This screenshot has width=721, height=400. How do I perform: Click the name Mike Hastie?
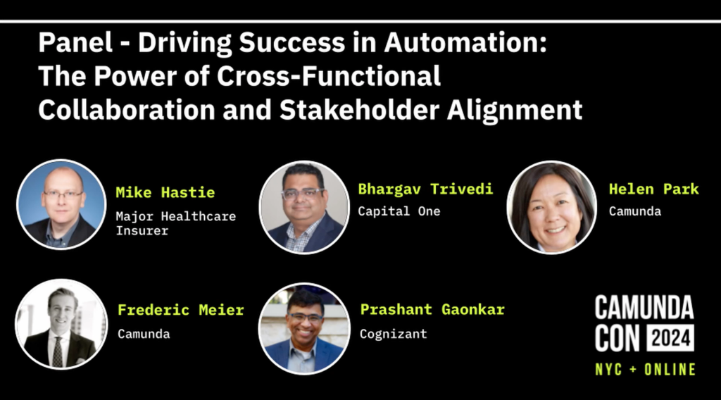[x=165, y=192]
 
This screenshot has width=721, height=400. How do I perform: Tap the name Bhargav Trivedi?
[x=425, y=189]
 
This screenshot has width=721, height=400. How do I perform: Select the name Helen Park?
[x=653, y=189]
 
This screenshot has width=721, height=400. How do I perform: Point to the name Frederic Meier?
[x=181, y=310]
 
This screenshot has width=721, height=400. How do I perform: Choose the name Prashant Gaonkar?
[x=432, y=309]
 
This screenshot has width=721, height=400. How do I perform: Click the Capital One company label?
[x=399, y=211]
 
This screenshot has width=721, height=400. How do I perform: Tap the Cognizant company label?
[x=393, y=334]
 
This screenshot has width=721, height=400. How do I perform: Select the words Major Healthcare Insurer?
[x=175, y=223]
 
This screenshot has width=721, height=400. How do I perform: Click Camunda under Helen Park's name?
[x=635, y=211]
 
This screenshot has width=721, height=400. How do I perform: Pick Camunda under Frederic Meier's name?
[x=144, y=334]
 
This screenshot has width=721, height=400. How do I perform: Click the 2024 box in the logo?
[x=670, y=339]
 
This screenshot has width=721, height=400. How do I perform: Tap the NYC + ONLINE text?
[x=645, y=369]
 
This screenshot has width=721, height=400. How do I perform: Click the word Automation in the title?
[x=465, y=42]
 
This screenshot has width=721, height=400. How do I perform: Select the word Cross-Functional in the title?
[x=329, y=76]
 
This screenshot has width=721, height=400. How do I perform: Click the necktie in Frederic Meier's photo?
[x=58, y=351]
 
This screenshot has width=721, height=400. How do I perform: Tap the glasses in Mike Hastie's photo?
[x=63, y=195]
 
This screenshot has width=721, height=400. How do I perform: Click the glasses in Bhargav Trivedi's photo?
[x=302, y=194]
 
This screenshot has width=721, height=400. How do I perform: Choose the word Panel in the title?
[x=75, y=42]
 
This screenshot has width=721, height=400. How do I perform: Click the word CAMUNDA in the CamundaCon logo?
[x=644, y=308]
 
